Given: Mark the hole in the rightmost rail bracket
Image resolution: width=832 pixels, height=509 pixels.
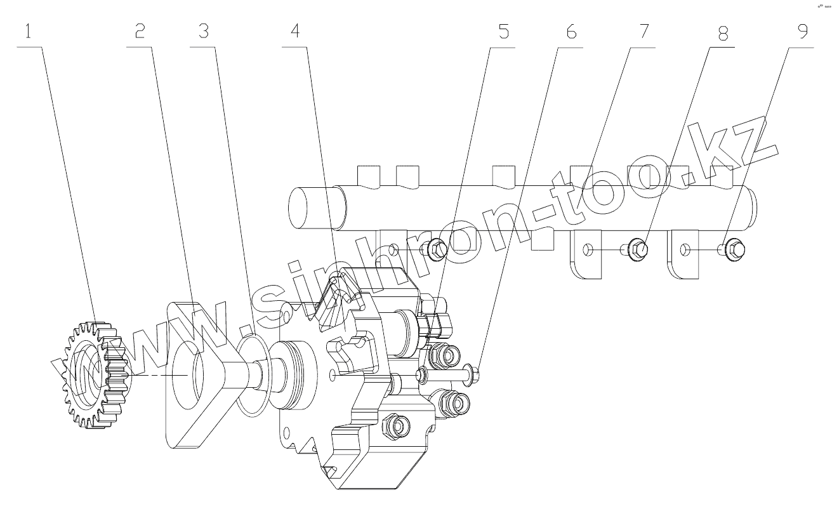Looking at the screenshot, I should pos(683,251).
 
